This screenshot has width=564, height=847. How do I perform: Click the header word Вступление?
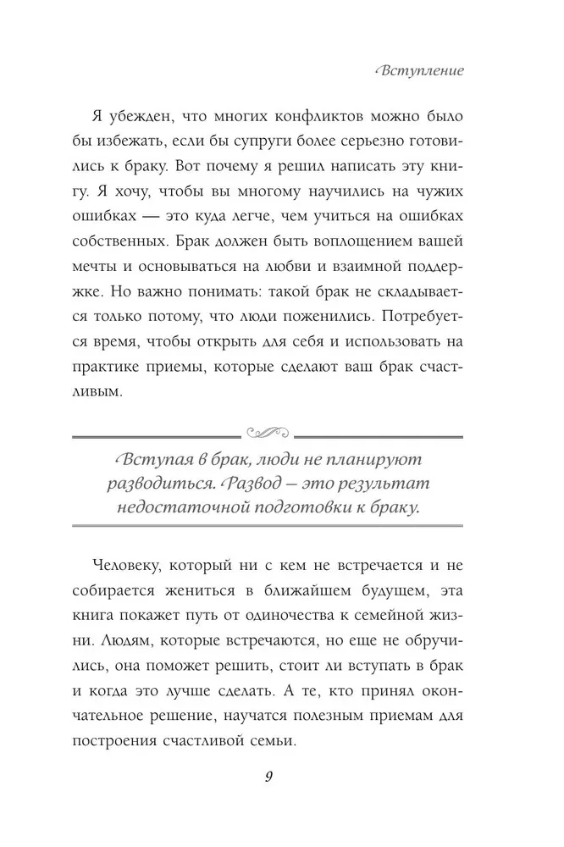(418, 70)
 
